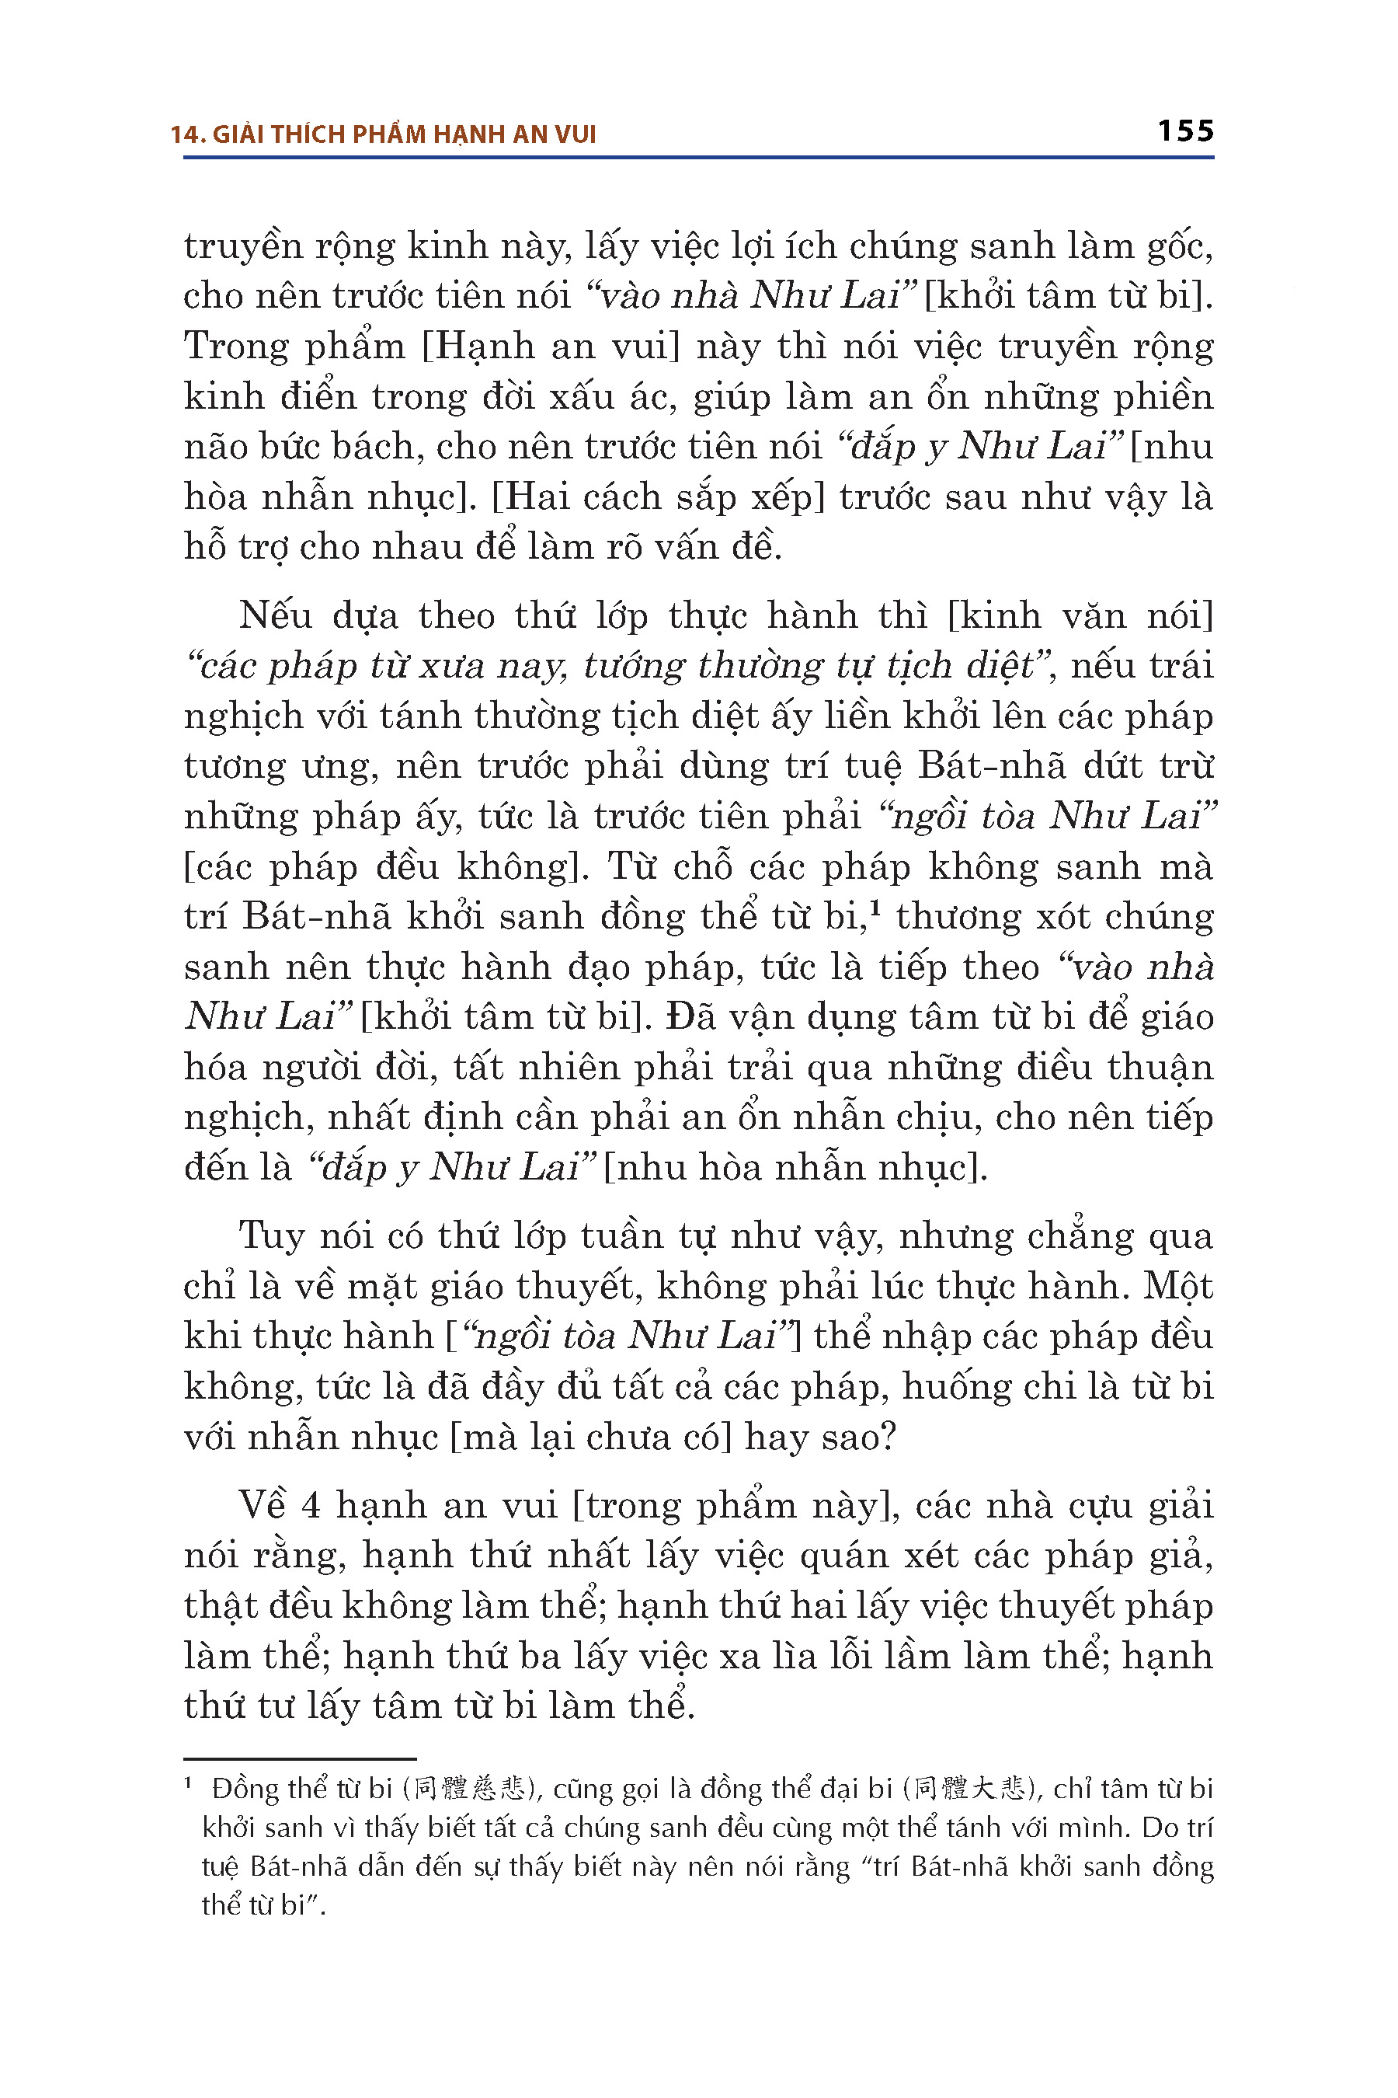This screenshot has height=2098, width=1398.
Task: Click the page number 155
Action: coord(1185,132)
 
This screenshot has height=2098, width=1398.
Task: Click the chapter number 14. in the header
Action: coord(187,134)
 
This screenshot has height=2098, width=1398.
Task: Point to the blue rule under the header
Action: coord(698,158)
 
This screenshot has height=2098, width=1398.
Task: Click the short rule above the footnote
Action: coord(300,1758)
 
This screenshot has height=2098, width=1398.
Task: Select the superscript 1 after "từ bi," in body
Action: coord(875,909)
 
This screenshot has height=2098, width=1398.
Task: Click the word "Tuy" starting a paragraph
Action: coord(272,1236)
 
